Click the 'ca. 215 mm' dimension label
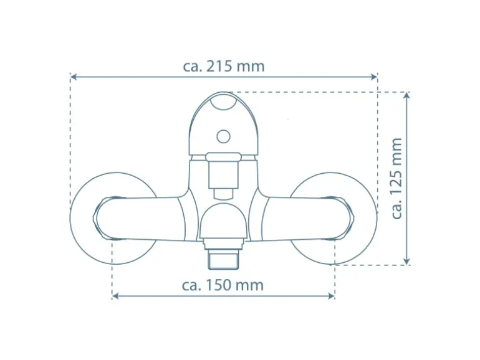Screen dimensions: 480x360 pyautogui.click(x=223, y=67)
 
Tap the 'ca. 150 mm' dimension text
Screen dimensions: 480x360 pyautogui.click(x=223, y=285)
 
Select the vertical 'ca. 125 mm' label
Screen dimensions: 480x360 pyautogui.click(x=396, y=178)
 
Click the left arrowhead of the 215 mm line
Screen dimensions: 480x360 pyautogui.click(x=74, y=77)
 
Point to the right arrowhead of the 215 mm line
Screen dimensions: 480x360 pyautogui.click(x=374, y=77)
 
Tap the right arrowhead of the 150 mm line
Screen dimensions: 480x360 pyautogui.click(x=331, y=296)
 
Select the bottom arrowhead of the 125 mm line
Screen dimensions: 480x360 pyautogui.click(x=406, y=261)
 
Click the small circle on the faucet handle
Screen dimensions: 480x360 pyautogui.click(x=223, y=136)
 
